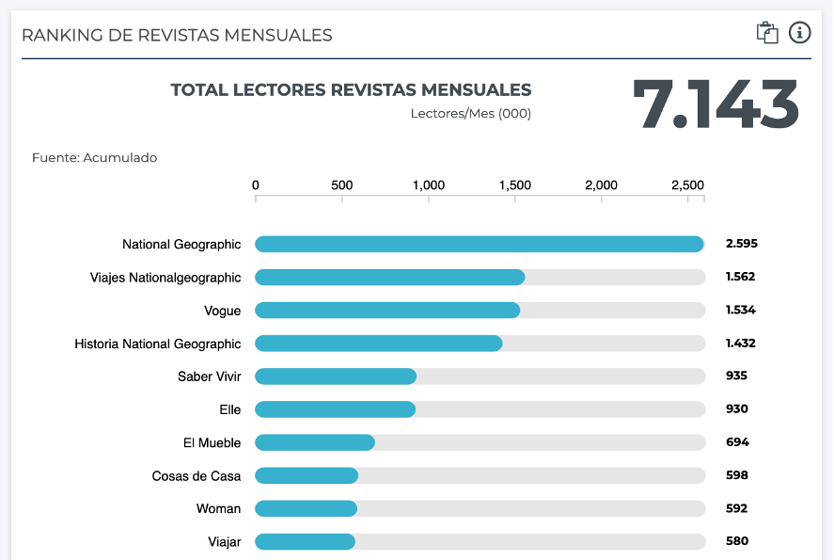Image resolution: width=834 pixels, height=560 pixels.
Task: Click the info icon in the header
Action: coord(799,33)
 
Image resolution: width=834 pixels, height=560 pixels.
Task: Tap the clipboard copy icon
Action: coord(767,33)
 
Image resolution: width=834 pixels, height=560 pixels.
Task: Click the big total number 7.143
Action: coord(716,104)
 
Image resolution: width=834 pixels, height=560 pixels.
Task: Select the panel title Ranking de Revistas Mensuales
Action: coord(177,36)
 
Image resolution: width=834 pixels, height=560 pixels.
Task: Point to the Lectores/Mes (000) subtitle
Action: coord(470,114)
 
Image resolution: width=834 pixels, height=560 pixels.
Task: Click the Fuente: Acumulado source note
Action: coord(94,158)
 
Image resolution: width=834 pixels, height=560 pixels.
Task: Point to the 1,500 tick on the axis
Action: coord(515,185)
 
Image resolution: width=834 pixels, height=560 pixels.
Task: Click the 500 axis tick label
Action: coord(342,185)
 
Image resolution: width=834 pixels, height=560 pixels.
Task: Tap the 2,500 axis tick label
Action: coord(687,185)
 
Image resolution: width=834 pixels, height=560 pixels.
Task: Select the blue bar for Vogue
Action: coord(387,311)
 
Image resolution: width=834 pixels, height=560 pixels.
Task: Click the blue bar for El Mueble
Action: coord(315,442)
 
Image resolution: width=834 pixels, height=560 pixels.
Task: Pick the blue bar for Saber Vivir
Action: coord(336,376)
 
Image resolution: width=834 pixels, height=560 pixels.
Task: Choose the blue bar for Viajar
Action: coord(305,541)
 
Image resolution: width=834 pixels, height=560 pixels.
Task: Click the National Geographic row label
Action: coord(181,245)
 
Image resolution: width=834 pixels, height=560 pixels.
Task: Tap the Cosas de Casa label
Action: coord(197,476)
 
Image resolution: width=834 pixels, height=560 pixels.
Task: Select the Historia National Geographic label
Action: coord(158,344)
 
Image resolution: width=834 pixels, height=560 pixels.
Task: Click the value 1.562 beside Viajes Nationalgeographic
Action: coord(740,278)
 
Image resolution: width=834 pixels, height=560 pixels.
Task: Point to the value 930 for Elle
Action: coord(736,409)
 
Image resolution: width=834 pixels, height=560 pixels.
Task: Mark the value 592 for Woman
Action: coord(736,508)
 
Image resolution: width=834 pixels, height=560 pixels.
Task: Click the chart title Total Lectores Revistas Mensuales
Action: coord(351,90)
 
